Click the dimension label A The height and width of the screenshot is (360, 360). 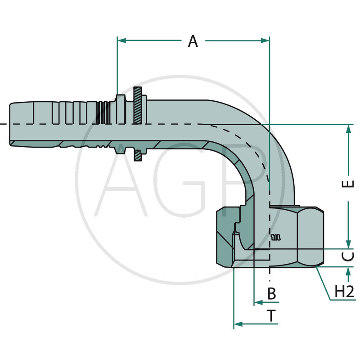tap(193, 41)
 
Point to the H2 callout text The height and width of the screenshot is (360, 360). tap(345, 292)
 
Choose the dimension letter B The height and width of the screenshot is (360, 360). tap(271, 294)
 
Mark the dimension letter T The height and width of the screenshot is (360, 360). tap(271, 316)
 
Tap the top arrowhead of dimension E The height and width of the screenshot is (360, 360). tap(348, 129)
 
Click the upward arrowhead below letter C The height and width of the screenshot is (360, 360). tap(348, 271)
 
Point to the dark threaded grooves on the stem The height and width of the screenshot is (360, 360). tap(104, 112)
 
